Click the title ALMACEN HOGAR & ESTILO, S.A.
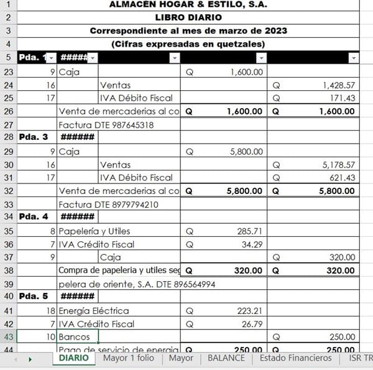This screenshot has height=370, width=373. [x=188, y=5]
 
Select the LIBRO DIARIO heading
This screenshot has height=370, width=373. [x=188, y=17]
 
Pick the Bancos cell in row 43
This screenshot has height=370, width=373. [x=73, y=336]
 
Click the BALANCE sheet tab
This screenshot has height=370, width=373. [x=226, y=358]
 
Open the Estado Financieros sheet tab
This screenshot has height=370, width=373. [x=295, y=358]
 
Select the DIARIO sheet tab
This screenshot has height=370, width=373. [x=73, y=358]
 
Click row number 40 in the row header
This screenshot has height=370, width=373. [x=9, y=297]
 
